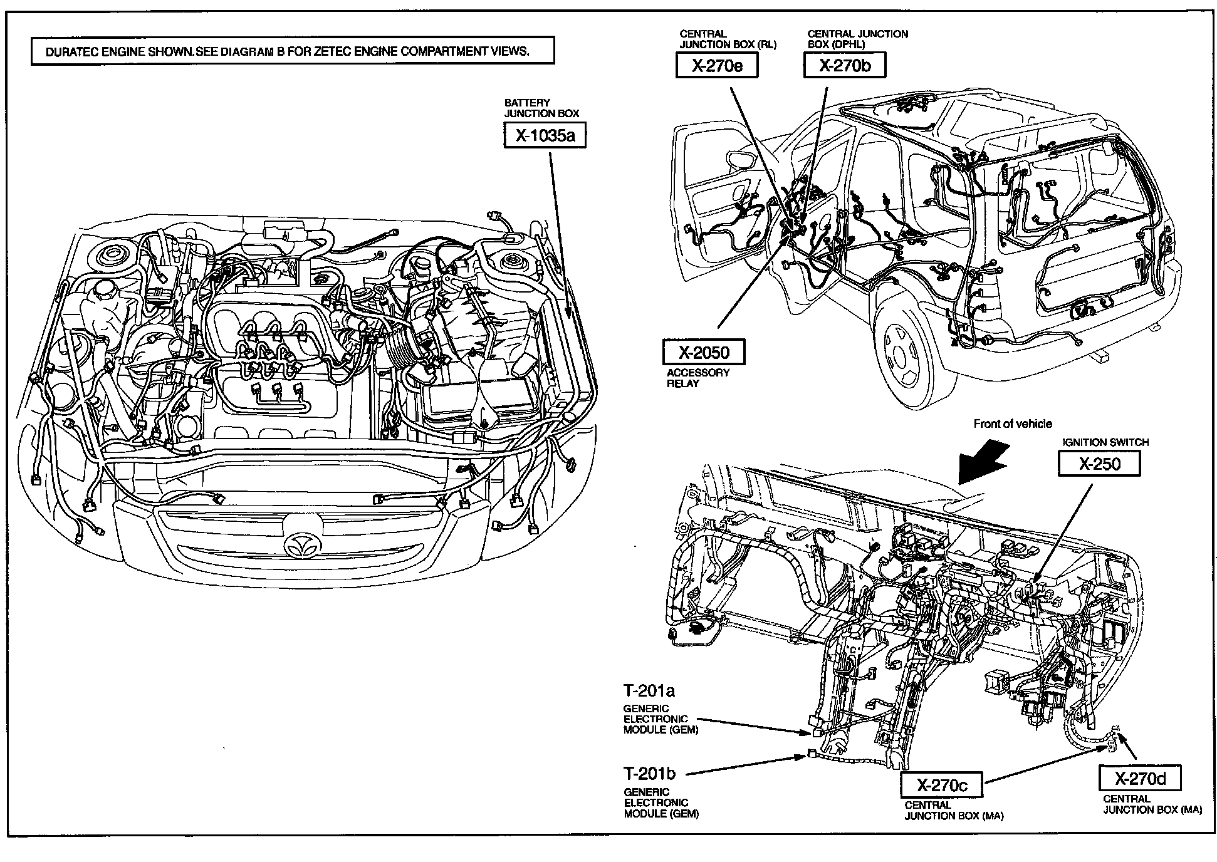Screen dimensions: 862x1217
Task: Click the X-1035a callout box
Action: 545,136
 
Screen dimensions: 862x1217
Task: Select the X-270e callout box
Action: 717,66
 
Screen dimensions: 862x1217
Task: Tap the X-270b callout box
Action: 845,66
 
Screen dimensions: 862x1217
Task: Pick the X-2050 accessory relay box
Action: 704,353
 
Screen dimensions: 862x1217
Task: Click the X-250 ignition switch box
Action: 1098,464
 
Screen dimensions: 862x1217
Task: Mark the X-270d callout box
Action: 1140,779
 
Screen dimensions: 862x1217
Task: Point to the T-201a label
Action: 649,691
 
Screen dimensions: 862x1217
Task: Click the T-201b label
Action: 649,773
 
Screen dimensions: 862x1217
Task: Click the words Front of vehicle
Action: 1012,424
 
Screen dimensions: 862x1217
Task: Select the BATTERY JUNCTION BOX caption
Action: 541,108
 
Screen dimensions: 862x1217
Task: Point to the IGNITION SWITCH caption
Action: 1105,442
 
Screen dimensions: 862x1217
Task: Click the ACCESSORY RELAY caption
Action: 697,378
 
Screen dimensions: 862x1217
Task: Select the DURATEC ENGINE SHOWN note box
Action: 293,51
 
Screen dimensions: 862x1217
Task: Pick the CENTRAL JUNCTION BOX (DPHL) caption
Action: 857,39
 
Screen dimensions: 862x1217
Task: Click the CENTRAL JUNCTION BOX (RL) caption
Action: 728,39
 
